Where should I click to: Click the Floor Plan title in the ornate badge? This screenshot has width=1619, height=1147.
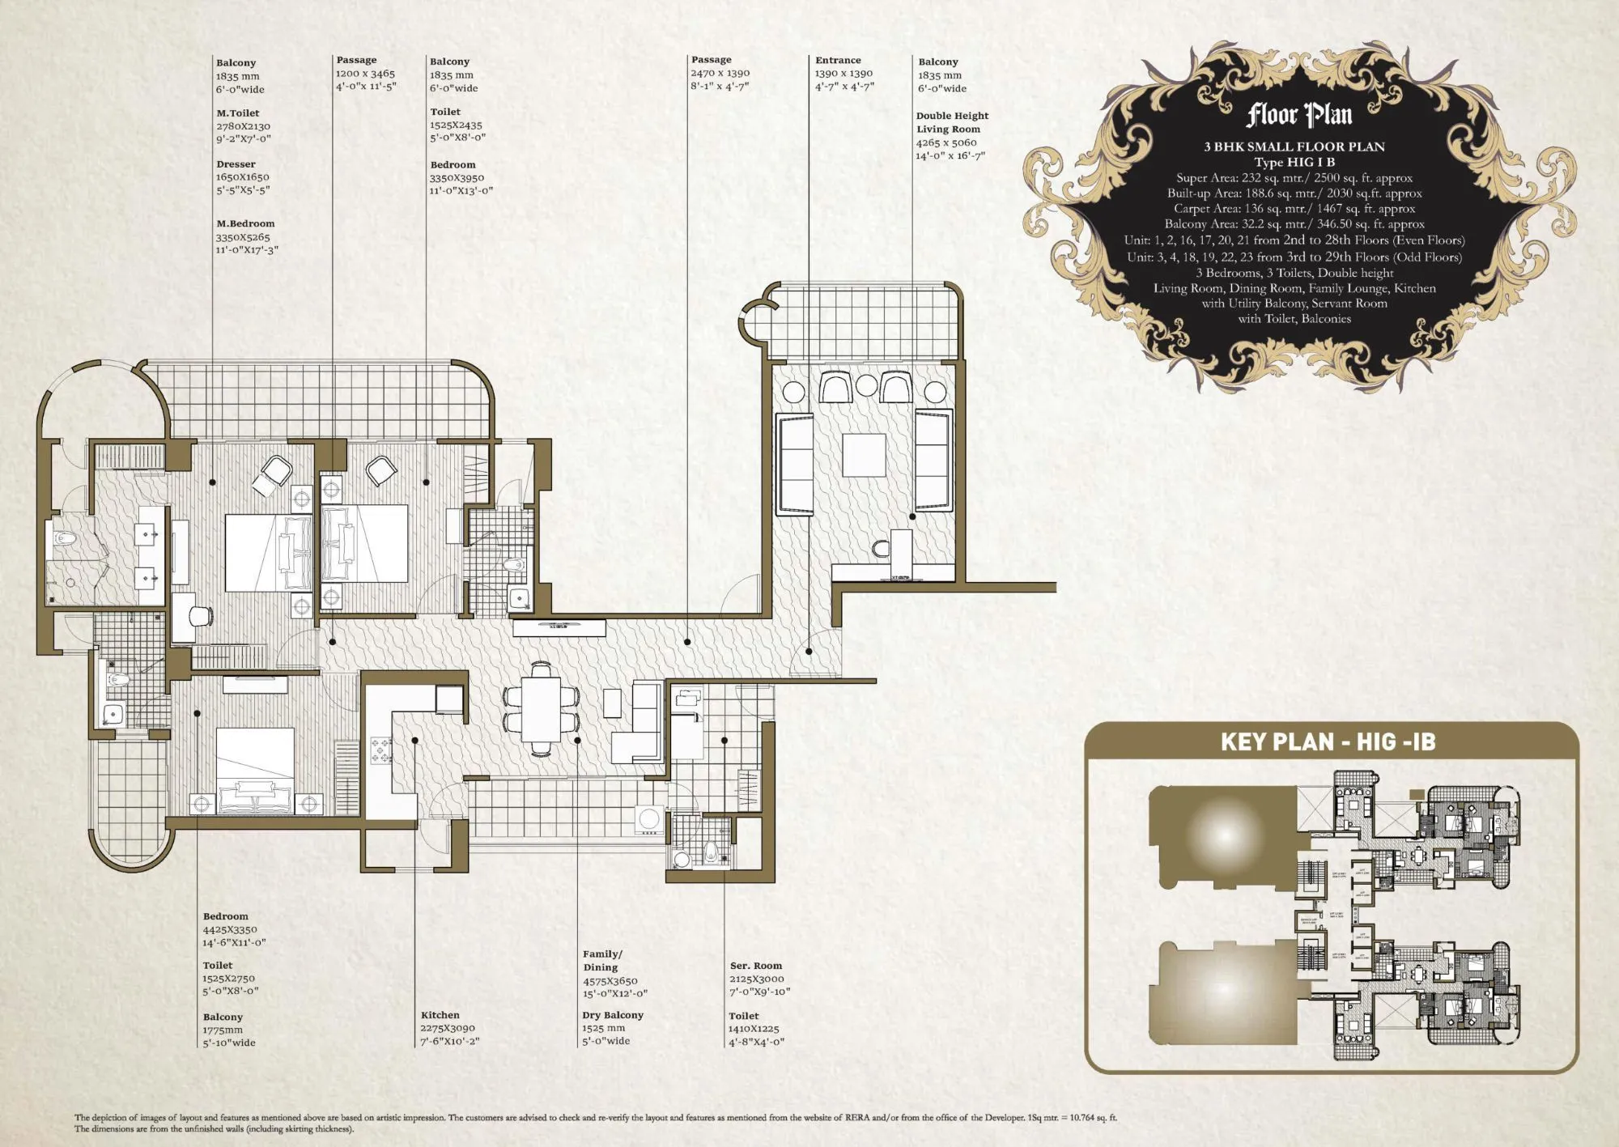point(1298,115)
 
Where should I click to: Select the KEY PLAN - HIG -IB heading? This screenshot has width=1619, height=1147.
point(1328,742)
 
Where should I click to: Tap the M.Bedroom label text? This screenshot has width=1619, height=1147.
point(245,223)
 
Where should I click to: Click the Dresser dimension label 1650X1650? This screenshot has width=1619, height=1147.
point(242,176)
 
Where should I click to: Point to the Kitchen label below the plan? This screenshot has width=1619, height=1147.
point(440,1014)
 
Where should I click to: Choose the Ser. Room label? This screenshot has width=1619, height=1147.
point(755,965)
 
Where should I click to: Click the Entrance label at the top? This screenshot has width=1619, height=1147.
point(838,60)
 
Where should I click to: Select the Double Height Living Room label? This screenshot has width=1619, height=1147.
point(951,122)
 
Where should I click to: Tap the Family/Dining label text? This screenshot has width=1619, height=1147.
point(601,960)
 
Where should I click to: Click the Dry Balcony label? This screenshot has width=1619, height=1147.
point(612,1014)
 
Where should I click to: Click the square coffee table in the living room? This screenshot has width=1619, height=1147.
point(864,456)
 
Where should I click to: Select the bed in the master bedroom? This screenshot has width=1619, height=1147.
point(267,553)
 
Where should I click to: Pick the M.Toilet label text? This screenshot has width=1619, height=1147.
point(237,113)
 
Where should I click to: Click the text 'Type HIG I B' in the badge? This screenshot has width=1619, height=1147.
point(1294,162)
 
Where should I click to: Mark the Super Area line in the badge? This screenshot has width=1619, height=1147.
point(1294,178)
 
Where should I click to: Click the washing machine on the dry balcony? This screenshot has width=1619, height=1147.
point(648,819)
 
